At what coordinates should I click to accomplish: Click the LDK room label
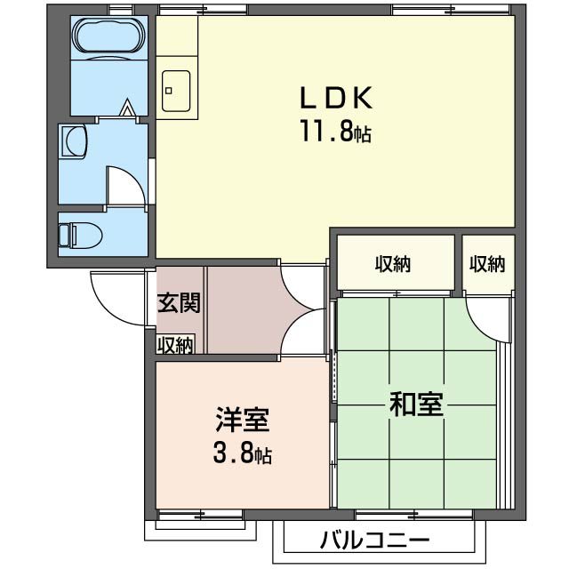(334, 97)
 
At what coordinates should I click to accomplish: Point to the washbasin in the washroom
(74, 140)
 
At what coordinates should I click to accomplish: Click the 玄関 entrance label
(178, 302)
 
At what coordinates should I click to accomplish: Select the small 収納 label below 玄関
(176, 344)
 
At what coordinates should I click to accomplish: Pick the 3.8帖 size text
(241, 456)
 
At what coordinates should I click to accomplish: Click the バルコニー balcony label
(374, 541)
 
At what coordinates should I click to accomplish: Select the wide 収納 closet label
(392, 263)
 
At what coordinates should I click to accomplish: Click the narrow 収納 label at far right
(487, 263)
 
